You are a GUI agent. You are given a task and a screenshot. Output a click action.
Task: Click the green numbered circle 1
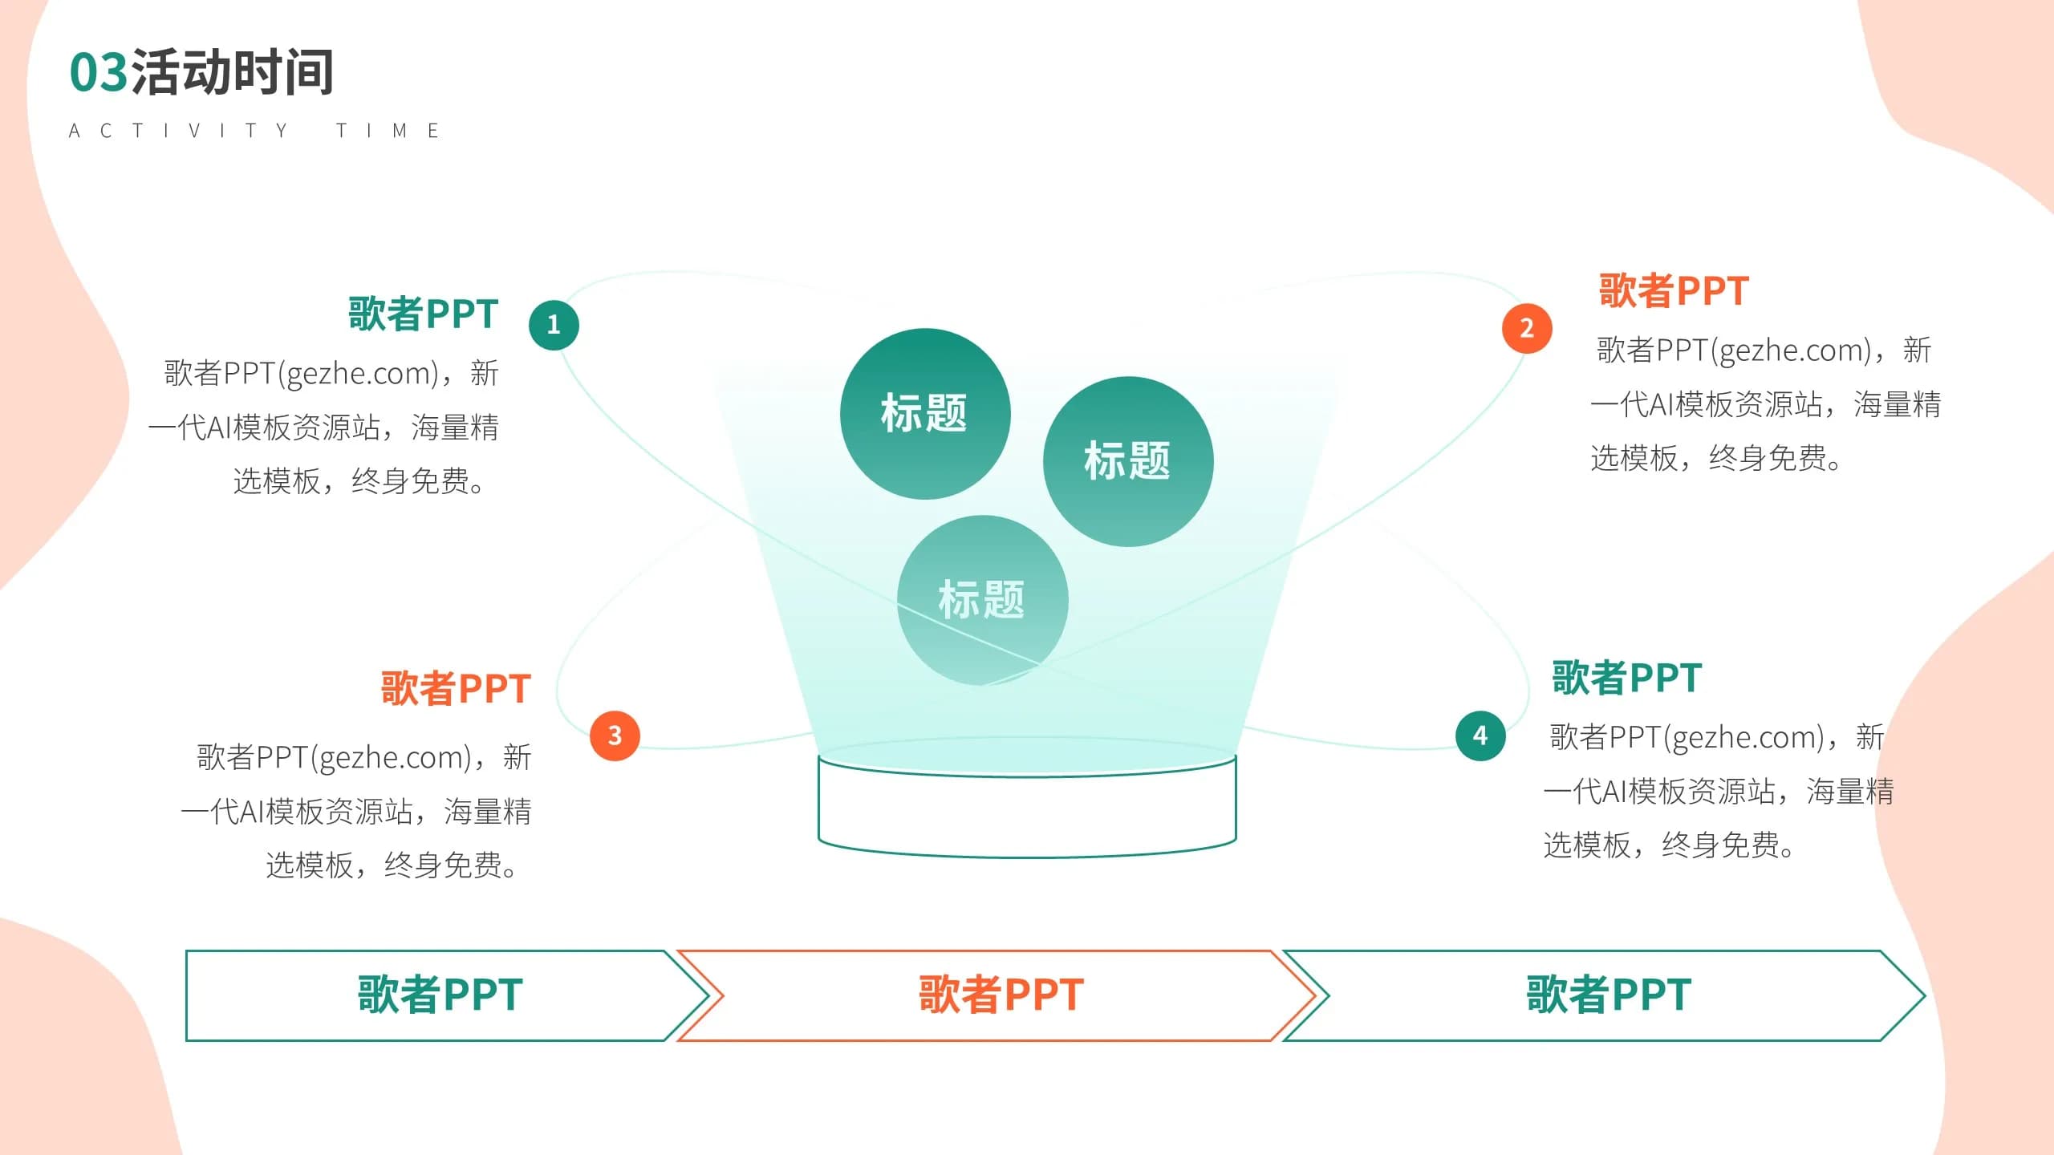554,325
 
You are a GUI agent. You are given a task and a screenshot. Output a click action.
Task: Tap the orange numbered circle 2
1527,328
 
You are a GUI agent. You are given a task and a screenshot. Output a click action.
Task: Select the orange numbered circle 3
615,736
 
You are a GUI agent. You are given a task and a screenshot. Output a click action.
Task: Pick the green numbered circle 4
1480,736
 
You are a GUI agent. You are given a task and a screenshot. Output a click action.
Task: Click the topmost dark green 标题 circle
925,413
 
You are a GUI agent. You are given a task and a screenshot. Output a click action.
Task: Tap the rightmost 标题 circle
1128,461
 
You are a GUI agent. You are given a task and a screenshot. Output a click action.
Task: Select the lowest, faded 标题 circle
982,600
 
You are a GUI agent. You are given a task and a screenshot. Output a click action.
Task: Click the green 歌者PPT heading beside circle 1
423,314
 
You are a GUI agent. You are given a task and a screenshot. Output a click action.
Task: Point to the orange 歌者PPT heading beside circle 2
1674,290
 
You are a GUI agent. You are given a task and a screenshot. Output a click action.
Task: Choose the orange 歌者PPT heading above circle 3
456,688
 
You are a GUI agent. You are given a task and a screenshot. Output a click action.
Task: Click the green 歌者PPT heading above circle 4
1626,678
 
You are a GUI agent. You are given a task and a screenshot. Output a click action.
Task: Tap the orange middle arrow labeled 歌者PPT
1001,995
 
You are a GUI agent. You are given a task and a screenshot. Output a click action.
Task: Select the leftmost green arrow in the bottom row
440,995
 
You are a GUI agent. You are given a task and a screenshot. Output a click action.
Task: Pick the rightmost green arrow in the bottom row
1608,995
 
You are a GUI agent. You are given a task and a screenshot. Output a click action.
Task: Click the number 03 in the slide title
99,72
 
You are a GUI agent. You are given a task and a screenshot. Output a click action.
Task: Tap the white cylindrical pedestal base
1027,810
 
